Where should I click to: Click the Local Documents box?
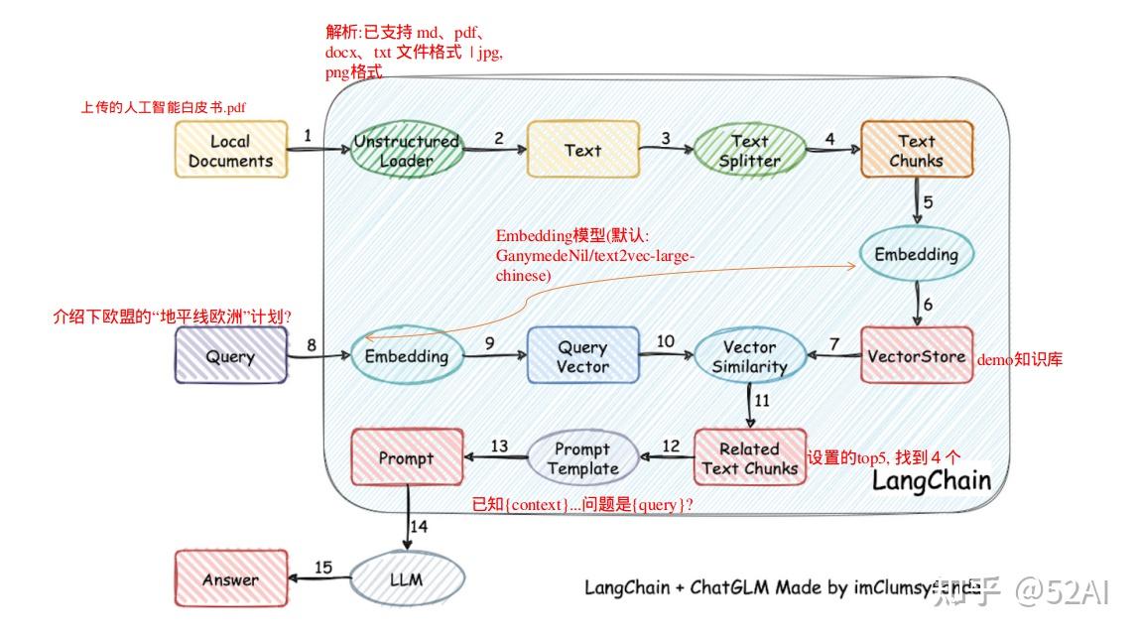tap(230, 151)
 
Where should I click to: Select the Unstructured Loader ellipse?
tap(407, 151)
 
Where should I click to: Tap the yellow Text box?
tap(582, 151)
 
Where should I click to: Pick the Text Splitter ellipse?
tap(749, 151)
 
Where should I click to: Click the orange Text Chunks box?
tap(916, 151)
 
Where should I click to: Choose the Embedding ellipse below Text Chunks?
tap(916, 255)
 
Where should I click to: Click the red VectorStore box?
tap(916, 356)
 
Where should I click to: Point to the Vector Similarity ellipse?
tap(749, 356)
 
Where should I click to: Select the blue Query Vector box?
tap(582, 356)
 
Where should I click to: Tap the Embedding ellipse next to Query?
tap(407, 356)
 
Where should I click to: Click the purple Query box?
tap(230, 356)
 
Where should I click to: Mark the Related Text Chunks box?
tap(749, 457)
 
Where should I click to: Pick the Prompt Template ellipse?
tap(582, 458)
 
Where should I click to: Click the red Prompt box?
tap(407, 458)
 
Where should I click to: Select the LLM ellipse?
tap(407, 579)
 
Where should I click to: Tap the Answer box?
tap(230, 579)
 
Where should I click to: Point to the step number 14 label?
tap(419, 526)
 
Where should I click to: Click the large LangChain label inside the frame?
tap(931, 481)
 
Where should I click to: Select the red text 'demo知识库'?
tap(1019, 360)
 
